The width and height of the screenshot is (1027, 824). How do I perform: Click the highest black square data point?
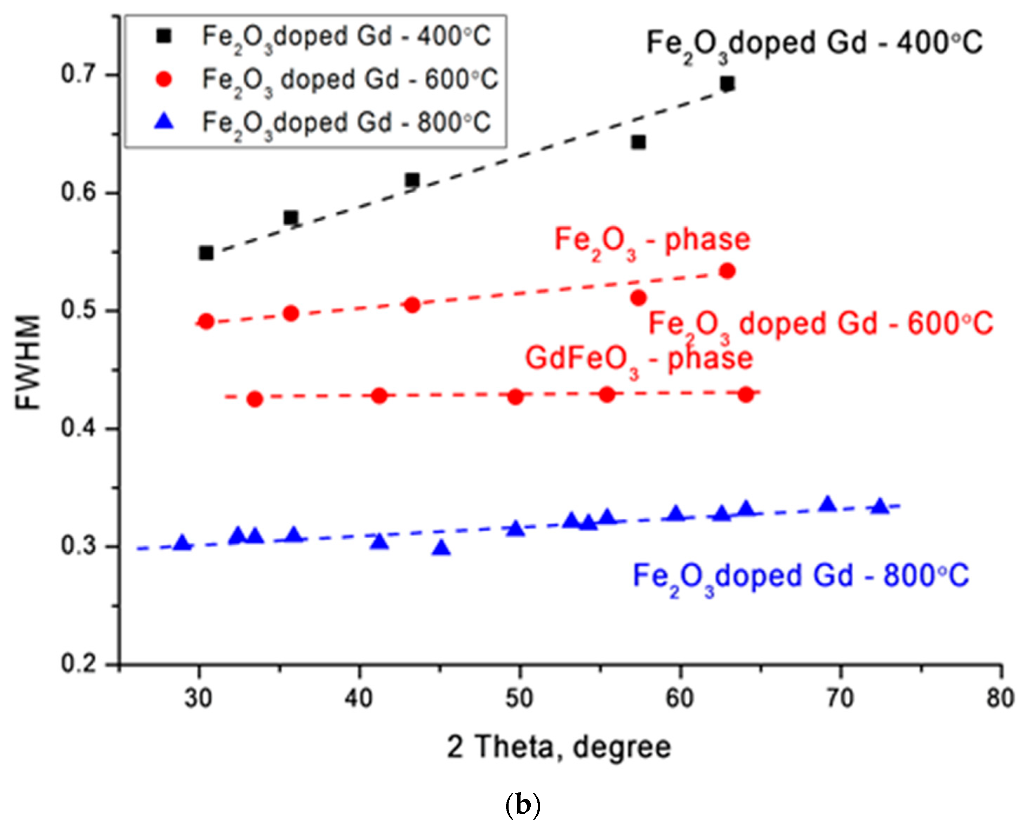coord(727,84)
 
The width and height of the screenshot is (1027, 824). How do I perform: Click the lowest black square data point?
coord(206,253)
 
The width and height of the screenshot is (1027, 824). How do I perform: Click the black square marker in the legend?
coord(164,36)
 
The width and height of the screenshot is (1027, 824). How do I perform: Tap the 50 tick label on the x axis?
coord(519,699)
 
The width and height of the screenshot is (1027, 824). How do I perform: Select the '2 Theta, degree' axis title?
coord(559,746)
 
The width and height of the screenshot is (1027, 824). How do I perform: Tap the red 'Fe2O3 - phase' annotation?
coord(652,240)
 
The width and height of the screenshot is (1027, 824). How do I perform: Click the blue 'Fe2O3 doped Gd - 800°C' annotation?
coord(801,576)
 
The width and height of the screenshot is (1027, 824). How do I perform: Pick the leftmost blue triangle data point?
coord(182,543)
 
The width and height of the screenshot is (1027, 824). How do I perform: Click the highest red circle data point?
coord(727,271)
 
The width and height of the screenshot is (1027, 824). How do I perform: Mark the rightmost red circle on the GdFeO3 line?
coord(746,394)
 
